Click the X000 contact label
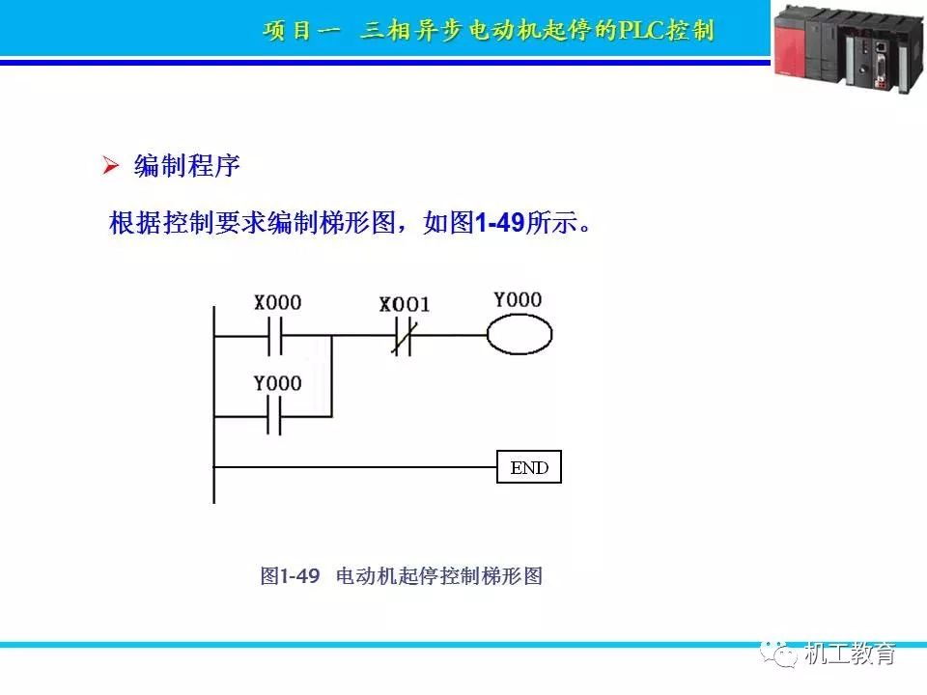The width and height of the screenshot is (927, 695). (x=277, y=303)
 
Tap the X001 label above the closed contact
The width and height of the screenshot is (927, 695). (x=405, y=305)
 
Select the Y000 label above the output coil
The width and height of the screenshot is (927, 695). (x=518, y=300)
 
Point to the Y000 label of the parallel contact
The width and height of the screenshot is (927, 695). (x=277, y=383)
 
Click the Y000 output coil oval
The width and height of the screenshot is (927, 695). (x=519, y=336)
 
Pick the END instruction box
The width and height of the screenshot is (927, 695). (x=528, y=468)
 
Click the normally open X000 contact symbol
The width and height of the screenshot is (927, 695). (x=274, y=336)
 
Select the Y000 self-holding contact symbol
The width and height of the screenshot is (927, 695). (x=274, y=417)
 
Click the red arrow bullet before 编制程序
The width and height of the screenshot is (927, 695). (x=110, y=166)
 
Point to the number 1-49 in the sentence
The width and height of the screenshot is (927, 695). (x=499, y=224)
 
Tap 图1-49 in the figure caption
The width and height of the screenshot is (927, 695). (x=290, y=577)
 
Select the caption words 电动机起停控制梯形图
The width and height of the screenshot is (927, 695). (x=439, y=577)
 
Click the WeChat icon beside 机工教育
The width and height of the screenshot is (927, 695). (x=783, y=653)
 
